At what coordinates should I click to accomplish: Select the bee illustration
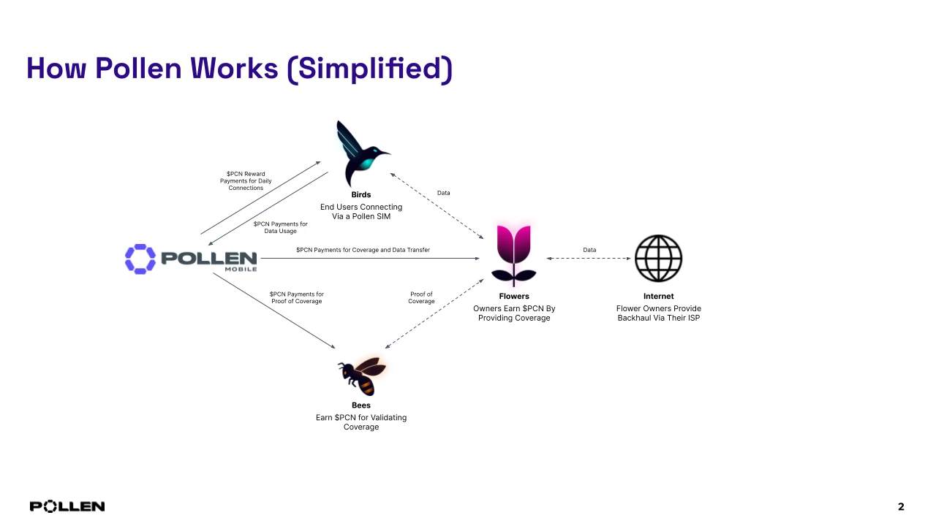[362, 375]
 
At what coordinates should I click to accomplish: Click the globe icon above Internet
[658, 259]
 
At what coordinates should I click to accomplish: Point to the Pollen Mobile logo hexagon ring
[140, 259]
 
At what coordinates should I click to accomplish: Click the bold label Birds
[361, 195]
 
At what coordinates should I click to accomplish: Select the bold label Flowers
[514, 297]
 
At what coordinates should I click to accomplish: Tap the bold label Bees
[361, 405]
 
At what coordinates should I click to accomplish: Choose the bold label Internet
[658, 297]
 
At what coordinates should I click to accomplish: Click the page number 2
[901, 507]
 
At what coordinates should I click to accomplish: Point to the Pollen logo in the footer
[67, 506]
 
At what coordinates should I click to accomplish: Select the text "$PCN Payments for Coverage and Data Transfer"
[363, 250]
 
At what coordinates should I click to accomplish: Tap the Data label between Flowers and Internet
[589, 250]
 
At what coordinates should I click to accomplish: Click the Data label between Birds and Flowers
[444, 193]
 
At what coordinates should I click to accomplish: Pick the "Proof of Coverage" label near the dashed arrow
[421, 298]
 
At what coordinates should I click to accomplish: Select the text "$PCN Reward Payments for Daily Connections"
[246, 180]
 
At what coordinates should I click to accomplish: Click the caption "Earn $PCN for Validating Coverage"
[361, 422]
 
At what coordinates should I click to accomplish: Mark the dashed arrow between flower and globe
[589, 258]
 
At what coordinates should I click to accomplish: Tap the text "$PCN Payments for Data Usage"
[281, 227]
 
